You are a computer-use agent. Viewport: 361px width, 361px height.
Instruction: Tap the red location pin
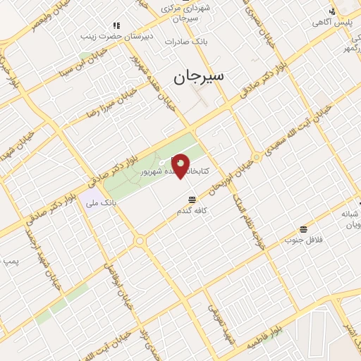(x=180, y=165)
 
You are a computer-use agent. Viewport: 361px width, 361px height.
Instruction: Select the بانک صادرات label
(x=184, y=42)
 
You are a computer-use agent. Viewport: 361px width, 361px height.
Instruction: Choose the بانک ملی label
(x=99, y=202)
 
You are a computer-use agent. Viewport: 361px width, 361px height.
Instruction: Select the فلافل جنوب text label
(x=303, y=240)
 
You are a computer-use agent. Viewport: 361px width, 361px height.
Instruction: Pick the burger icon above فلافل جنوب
(x=303, y=229)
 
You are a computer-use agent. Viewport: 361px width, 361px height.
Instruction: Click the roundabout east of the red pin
(x=257, y=157)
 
